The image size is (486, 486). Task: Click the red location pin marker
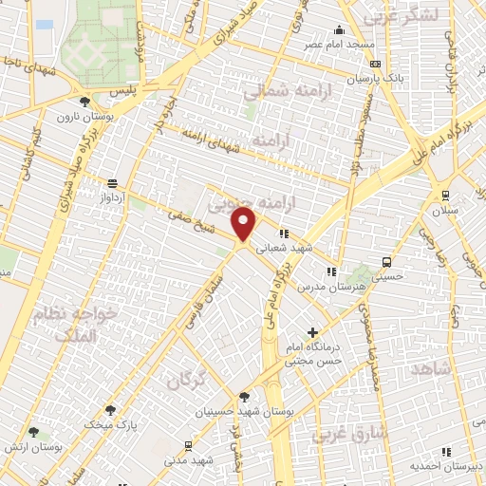[x=245, y=224]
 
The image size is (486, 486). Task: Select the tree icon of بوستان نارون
[x=85, y=101]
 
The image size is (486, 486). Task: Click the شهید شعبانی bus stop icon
[x=282, y=233]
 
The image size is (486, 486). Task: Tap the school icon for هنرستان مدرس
[x=330, y=271]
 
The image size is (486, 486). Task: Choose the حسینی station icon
[x=385, y=262]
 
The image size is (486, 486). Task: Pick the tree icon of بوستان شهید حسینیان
[x=244, y=397]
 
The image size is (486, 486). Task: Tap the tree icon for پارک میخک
[x=111, y=410]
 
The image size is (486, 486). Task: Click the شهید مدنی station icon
[x=188, y=445]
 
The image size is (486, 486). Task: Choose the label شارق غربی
[x=346, y=435]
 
